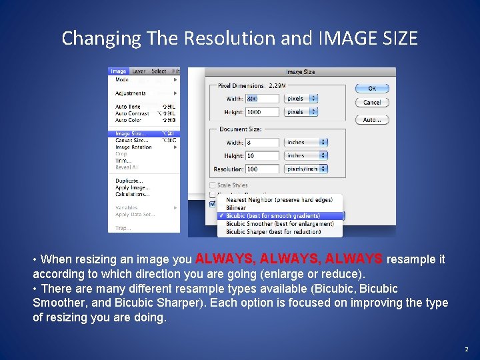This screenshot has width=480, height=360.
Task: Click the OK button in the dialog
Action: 372,88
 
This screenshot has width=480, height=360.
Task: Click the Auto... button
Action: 372,120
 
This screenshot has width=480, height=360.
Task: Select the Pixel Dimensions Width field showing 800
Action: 262,99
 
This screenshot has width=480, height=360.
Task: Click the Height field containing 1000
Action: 262,112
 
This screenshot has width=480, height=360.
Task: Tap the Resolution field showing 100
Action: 262,169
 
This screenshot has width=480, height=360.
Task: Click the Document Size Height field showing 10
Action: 262,156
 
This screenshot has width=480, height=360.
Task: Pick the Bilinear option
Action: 237,208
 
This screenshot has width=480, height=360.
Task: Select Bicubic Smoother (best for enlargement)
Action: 280,224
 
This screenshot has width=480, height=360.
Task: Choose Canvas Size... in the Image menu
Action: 131,141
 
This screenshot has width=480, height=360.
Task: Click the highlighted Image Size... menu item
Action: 131,133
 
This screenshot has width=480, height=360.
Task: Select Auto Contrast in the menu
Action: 132,113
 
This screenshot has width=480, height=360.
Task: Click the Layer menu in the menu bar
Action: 139,71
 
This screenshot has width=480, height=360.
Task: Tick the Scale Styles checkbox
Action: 213,185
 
